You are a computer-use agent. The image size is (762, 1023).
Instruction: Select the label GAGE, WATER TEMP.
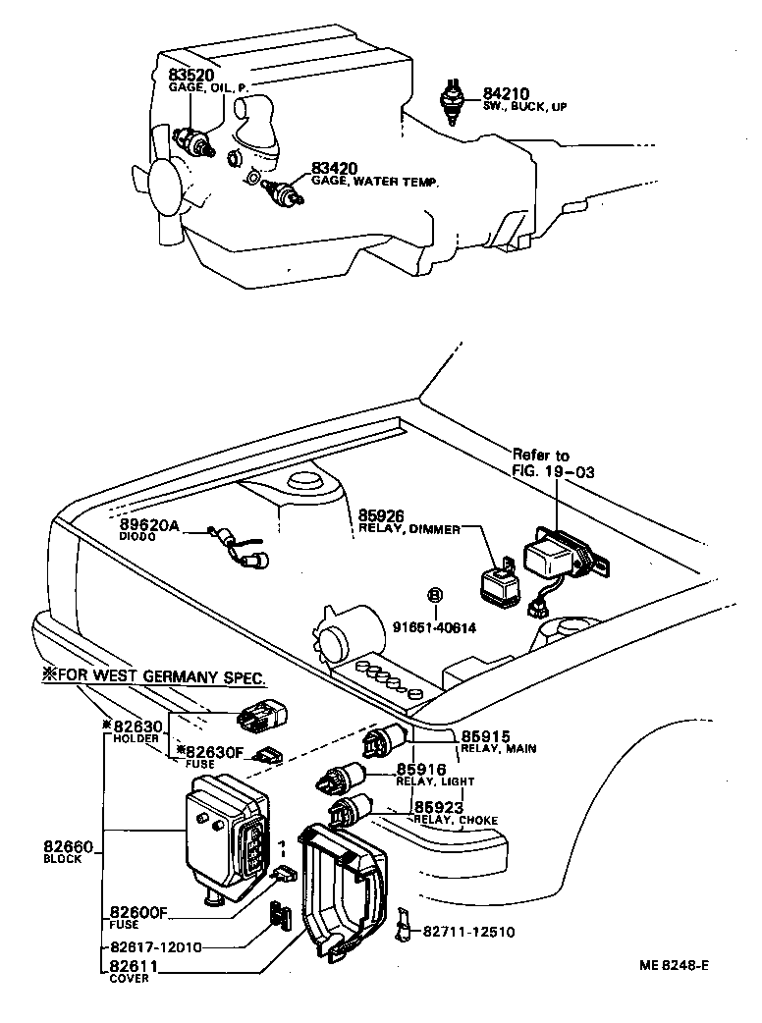[x=375, y=182]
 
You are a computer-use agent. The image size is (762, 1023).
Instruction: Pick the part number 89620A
[x=149, y=526]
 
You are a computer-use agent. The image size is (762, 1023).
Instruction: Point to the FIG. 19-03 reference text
[x=553, y=471]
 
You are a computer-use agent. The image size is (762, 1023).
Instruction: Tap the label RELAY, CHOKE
[x=456, y=820]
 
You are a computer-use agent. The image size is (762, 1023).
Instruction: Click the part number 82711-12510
[x=468, y=931]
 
